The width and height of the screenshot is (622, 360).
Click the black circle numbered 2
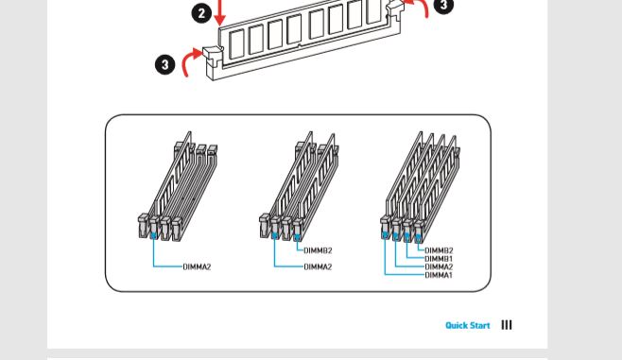pos(201,13)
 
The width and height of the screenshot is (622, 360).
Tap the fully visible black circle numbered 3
pos(165,64)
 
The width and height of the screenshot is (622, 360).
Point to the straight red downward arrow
pos(219,12)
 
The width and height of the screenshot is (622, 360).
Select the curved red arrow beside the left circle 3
pos(191,60)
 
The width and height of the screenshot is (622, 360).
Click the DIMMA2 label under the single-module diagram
pos(197,266)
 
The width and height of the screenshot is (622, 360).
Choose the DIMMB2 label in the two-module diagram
pos(318,250)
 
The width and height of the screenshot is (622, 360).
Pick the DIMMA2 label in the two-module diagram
pos(318,266)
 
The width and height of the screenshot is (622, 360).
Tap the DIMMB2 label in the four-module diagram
pos(439,250)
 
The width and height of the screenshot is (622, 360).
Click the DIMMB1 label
pos(439,259)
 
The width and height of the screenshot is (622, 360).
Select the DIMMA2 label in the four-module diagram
pos(439,266)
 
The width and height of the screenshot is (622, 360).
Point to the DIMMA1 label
pos(439,275)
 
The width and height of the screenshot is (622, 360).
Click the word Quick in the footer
pos(457,325)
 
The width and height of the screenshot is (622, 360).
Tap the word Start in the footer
pos(480,325)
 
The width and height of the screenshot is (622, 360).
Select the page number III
pos(507,325)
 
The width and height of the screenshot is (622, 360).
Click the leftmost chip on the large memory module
pos(236,44)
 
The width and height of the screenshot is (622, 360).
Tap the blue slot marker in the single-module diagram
pos(153,235)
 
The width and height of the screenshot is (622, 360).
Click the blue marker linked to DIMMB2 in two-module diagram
pos(297,237)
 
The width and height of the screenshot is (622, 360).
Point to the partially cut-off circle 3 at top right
pos(443,6)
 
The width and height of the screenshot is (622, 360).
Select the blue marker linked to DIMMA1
pos(384,235)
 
